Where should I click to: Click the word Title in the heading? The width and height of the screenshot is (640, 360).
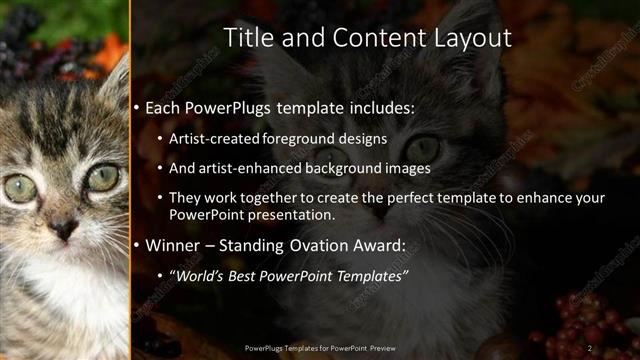245,38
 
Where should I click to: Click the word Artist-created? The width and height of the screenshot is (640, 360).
216,140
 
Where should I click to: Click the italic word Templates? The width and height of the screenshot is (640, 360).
370,275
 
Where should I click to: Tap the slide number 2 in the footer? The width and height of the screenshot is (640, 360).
590,347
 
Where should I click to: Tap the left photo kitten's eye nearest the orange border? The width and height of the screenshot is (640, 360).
102,177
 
